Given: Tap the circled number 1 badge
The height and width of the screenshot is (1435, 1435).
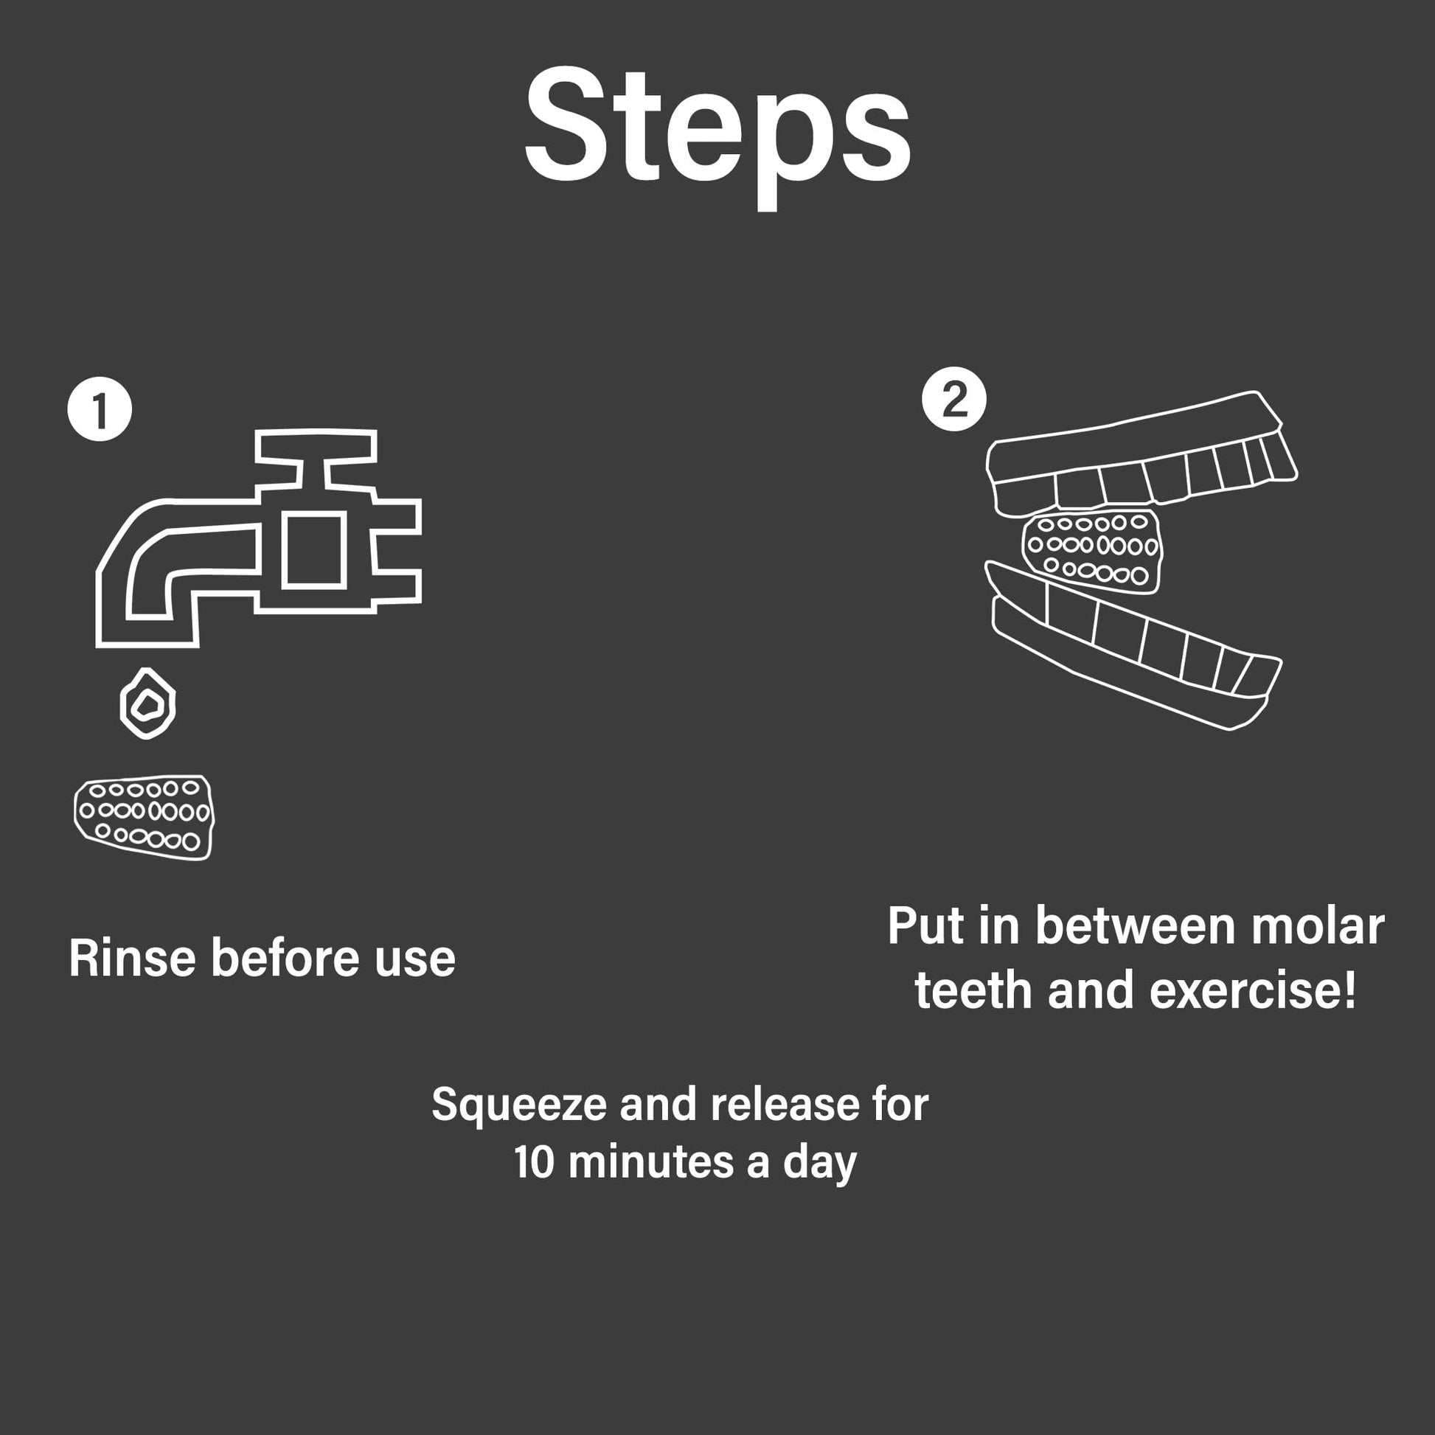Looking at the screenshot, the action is [100, 409].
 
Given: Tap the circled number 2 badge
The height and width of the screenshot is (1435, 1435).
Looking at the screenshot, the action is [953, 399].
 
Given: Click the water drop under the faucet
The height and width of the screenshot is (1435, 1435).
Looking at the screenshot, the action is [147, 703].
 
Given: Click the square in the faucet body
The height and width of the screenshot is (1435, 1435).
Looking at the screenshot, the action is [314, 549].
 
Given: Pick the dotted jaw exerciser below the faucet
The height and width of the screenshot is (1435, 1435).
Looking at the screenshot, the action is [143, 817].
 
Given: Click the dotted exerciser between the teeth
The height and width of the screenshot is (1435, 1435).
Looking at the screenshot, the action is [1092, 550].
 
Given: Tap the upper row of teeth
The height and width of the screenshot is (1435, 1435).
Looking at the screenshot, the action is [1141, 454].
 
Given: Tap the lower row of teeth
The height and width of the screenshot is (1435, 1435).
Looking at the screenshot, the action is [1133, 644].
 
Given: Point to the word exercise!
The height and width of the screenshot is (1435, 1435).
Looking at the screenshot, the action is [1253, 991].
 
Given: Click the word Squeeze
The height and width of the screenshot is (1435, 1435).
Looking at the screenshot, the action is [519, 1105].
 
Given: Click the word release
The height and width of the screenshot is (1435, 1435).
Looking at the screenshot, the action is [786, 1105].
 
